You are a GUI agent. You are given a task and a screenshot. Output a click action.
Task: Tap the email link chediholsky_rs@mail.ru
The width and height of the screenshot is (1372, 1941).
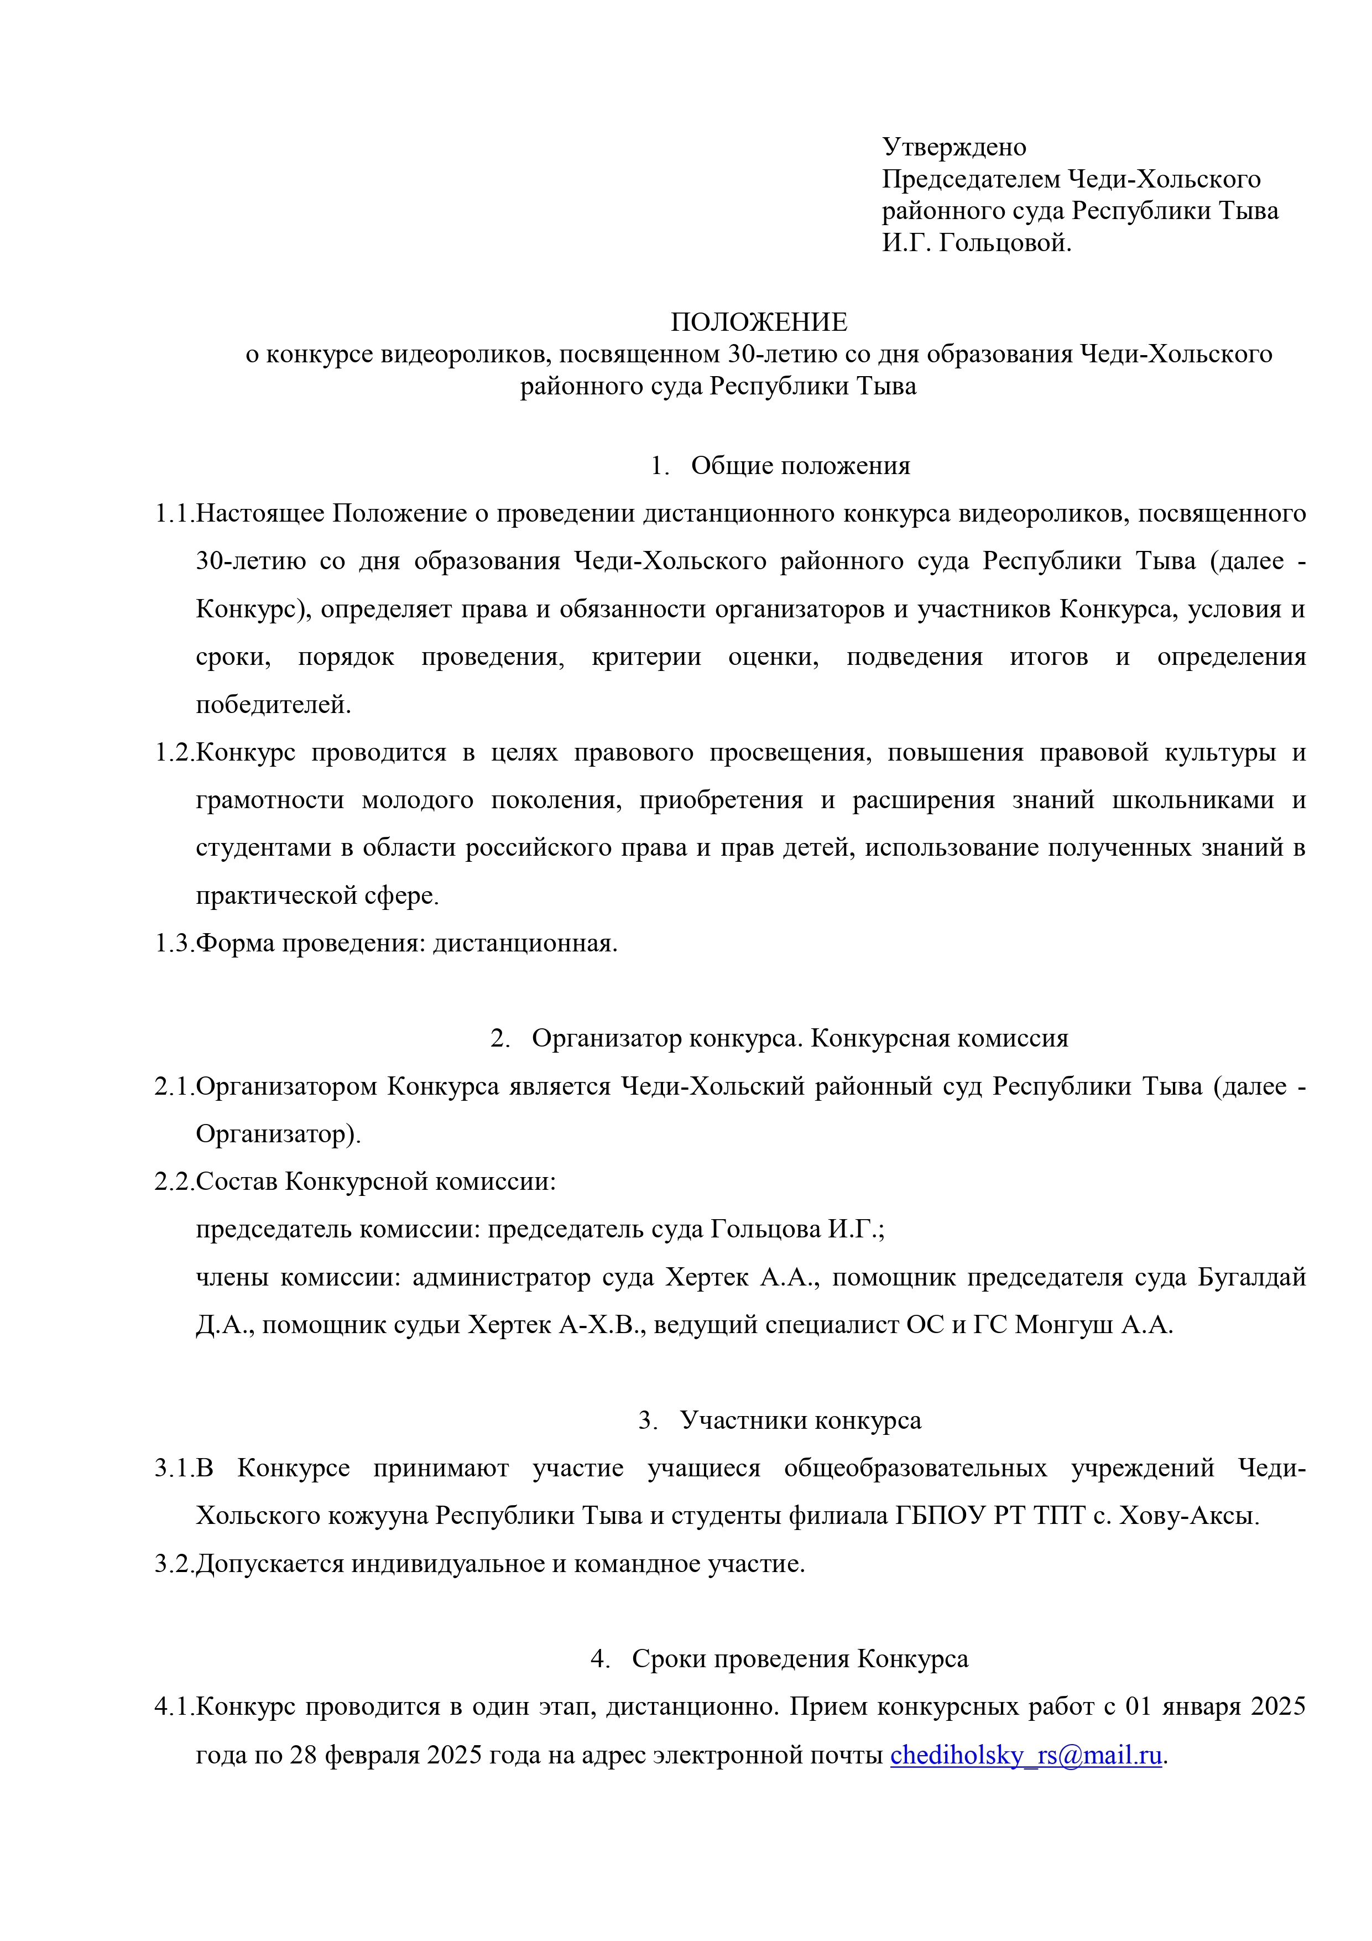(x=1025, y=1755)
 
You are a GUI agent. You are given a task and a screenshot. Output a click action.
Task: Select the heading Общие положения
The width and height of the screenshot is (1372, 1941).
(x=800, y=466)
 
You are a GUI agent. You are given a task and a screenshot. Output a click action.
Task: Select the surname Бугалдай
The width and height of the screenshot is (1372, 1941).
(x=1251, y=1277)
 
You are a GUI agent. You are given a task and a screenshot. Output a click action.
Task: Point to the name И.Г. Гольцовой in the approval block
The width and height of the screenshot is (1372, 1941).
(x=977, y=243)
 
